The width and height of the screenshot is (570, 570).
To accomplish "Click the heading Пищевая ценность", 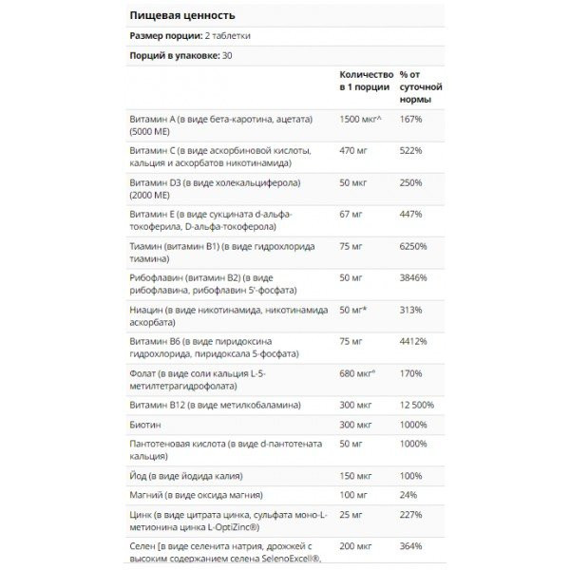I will pos(181,16).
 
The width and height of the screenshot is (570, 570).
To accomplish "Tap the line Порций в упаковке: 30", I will pos(180,55).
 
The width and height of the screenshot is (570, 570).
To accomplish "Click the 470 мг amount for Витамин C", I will pos(355,150).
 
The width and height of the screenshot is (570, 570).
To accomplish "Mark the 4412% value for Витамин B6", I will pos(414,341).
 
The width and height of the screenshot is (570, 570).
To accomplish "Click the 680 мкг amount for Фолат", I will pos(358,373).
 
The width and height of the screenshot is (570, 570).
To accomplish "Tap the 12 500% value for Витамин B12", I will pos(419,406).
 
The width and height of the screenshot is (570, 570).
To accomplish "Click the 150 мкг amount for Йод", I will pos(357,474).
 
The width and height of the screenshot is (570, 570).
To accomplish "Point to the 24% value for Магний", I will pos(408,494).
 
